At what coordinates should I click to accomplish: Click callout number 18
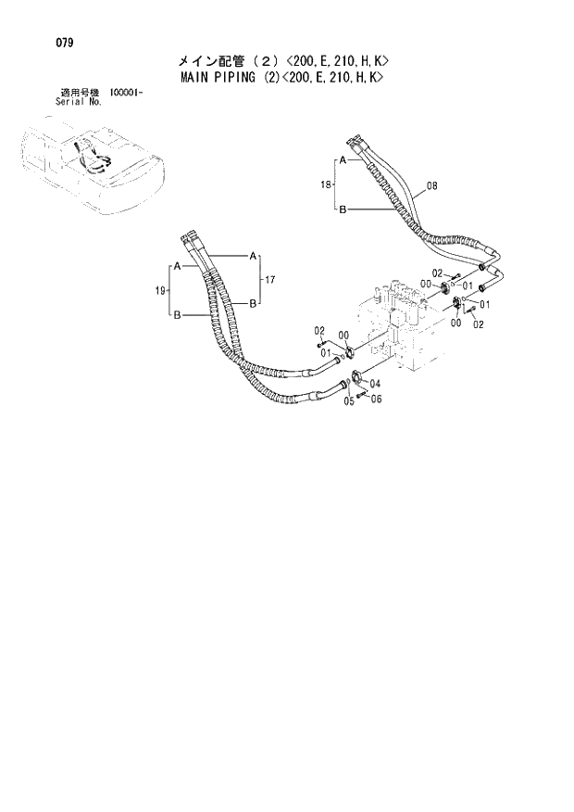point(325,185)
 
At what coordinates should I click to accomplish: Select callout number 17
point(270,279)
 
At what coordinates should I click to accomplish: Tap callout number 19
point(159,291)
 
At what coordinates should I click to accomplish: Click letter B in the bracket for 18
point(342,210)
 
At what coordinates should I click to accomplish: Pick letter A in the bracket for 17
point(252,255)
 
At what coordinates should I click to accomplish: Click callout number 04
point(374,383)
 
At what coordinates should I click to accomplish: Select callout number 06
point(374,399)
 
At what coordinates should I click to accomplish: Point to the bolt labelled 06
point(363,393)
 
